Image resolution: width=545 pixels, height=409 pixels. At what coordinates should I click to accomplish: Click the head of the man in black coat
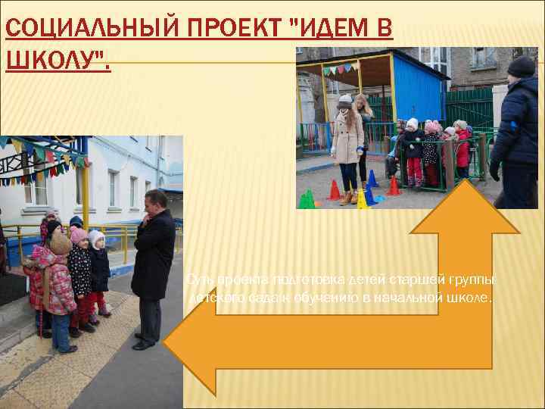(159, 200)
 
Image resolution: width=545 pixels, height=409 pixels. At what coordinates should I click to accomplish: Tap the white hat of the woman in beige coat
(345, 99)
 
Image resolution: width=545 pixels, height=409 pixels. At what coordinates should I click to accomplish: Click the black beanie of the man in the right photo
(522, 66)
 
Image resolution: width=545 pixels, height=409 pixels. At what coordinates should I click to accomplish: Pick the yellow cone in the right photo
(363, 199)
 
